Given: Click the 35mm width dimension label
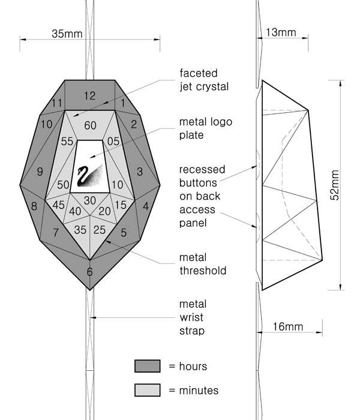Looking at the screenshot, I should pyautogui.click(x=67, y=34).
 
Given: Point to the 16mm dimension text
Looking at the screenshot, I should pyautogui.click(x=287, y=326).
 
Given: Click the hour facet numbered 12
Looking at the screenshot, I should pyautogui.click(x=89, y=95).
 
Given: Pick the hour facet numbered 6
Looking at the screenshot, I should pyautogui.click(x=89, y=271).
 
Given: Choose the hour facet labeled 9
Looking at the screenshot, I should pyautogui.click(x=40, y=172).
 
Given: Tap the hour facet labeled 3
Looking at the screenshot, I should pyautogui.click(x=139, y=172).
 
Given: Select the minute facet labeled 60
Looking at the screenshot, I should pyautogui.click(x=89, y=125).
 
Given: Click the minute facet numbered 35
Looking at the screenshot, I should pyautogui.click(x=80, y=230).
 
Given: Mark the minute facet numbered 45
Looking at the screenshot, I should pyautogui.click(x=59, y=205).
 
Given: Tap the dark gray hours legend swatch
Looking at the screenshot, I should pyautogui.click(x=147, y=366).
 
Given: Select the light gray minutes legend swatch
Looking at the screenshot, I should pyautogui.click(x=147, y=391).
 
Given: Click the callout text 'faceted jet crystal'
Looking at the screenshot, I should pyautogui.click(x=204, y=80).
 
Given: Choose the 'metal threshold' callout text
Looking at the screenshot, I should pyautogui.click(x=203, y=264).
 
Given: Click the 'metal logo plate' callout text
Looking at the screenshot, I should pyautogui.click(x=205, y=128).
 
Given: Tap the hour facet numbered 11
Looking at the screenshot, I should pyautogui.click(x=58, y=103).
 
